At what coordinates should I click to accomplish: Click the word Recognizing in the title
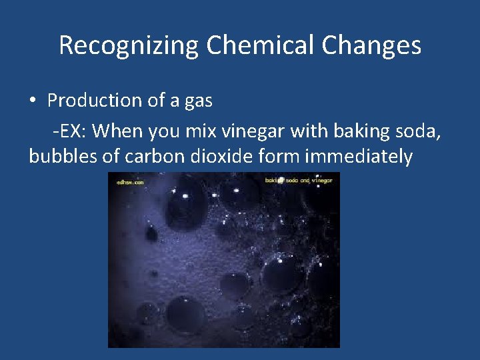click(129, 45)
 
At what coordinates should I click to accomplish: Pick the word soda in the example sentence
click(418, 131)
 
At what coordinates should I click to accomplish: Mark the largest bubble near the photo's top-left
click(186, 207)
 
